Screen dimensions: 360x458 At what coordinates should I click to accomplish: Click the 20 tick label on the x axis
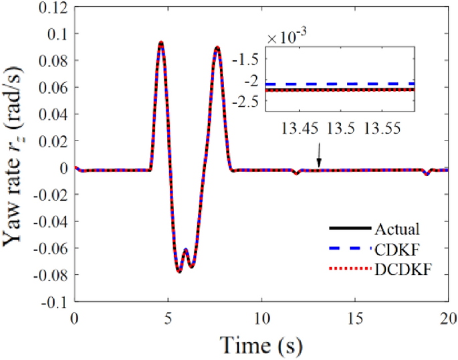point(448,317)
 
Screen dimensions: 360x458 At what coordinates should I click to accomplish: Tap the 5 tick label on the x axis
point(168,317)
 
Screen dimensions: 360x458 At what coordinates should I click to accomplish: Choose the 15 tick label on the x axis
point(355,317)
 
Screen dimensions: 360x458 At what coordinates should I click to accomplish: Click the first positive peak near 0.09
point(161,43)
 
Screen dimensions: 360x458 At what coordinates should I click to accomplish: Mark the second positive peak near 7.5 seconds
point(217,48)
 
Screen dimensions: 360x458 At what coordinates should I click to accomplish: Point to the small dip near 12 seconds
point(296,173)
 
